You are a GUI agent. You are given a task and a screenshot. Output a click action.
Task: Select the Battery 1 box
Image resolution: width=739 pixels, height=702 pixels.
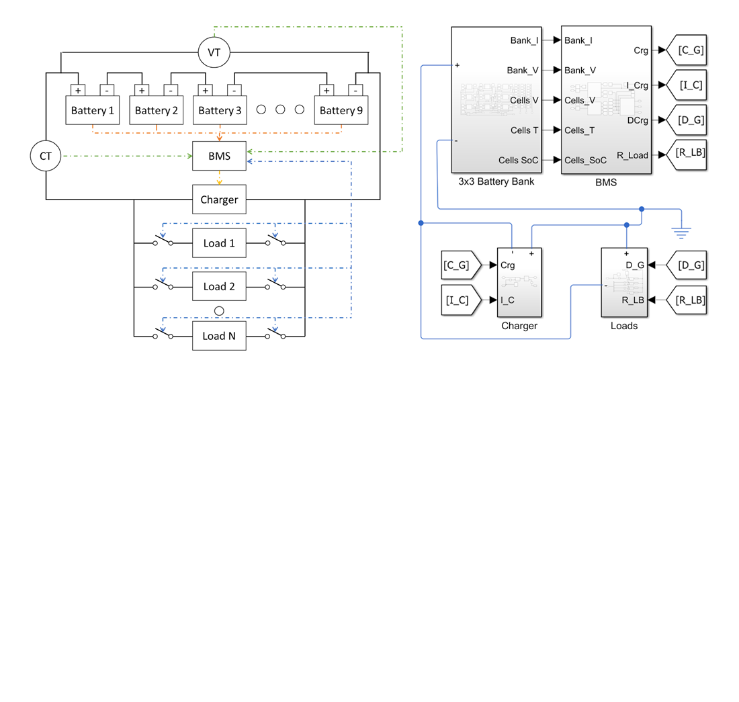93,110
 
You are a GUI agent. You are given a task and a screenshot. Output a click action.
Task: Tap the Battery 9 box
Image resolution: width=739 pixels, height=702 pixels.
341,110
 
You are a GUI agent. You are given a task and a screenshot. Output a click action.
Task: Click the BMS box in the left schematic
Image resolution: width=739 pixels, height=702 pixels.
219,156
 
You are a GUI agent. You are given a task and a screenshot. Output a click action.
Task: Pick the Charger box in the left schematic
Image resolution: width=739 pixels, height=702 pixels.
219,200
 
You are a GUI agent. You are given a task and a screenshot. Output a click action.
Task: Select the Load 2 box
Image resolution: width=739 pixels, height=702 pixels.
219,286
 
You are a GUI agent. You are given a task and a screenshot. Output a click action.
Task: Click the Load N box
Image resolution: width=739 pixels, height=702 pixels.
219,336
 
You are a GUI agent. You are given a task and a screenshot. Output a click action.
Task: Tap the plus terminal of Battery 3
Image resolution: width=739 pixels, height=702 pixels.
206,90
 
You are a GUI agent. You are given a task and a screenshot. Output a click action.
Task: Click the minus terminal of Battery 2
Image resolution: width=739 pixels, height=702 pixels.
171,90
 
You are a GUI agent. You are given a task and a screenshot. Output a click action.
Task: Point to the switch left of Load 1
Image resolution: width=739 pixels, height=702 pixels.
163,241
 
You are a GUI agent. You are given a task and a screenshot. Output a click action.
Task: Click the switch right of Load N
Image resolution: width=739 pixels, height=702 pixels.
275,334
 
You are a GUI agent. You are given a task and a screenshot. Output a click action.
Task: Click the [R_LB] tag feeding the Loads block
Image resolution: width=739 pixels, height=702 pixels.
687,300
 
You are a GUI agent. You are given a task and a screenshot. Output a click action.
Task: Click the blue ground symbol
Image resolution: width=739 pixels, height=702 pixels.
681,232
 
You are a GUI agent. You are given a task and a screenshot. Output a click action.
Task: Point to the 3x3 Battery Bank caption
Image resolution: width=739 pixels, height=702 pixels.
496,181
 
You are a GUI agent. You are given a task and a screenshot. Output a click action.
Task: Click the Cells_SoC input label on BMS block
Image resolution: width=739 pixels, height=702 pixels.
585,160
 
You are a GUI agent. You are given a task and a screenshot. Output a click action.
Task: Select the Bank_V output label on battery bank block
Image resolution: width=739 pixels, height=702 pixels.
523,70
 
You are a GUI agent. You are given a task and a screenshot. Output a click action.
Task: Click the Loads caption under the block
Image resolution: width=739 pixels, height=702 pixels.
624,326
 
